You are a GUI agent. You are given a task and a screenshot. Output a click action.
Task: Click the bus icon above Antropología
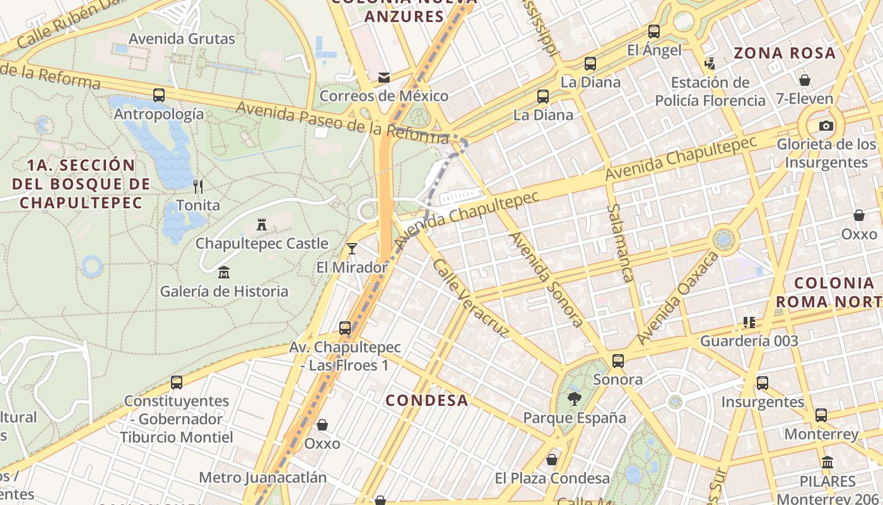click(x=159, y=95)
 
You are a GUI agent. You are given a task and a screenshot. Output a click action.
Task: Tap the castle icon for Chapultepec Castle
click(x=261, y=224)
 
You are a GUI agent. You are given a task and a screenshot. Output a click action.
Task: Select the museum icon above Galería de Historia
click(x=224, y=273)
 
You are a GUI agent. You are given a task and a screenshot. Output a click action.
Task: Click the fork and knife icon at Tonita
click(x=198, y=186)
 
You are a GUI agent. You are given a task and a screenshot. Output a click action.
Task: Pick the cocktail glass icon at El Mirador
click(x=352, y=249)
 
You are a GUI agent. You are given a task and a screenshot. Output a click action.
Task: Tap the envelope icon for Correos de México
click(x=383, y=78)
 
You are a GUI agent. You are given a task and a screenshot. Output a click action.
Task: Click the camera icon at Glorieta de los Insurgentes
click(x=826, y=126)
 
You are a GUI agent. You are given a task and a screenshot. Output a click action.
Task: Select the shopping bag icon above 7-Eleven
click(x=804, y=80)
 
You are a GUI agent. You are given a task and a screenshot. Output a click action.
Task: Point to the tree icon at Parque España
click(x=574, y=398)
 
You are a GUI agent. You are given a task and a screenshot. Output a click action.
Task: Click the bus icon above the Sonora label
click(x=618, y=361)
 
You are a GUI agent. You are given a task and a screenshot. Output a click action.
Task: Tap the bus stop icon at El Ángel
click(x=654, y=31)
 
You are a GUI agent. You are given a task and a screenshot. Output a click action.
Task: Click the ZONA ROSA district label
click(x=785, y=53)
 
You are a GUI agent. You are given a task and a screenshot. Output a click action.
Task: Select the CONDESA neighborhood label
click(x=427, y=400)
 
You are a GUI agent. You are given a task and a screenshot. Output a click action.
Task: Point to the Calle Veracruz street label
click(x=471, y=298)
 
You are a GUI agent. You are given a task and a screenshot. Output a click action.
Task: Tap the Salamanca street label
click(x=620, y=242)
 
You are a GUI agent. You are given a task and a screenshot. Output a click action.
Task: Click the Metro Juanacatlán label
click(x=263, y=477)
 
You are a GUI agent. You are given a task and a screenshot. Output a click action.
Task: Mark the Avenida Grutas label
click(x=182, y=39)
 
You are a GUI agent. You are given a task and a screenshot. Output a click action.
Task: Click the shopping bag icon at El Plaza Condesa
click(x=552, y=460)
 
